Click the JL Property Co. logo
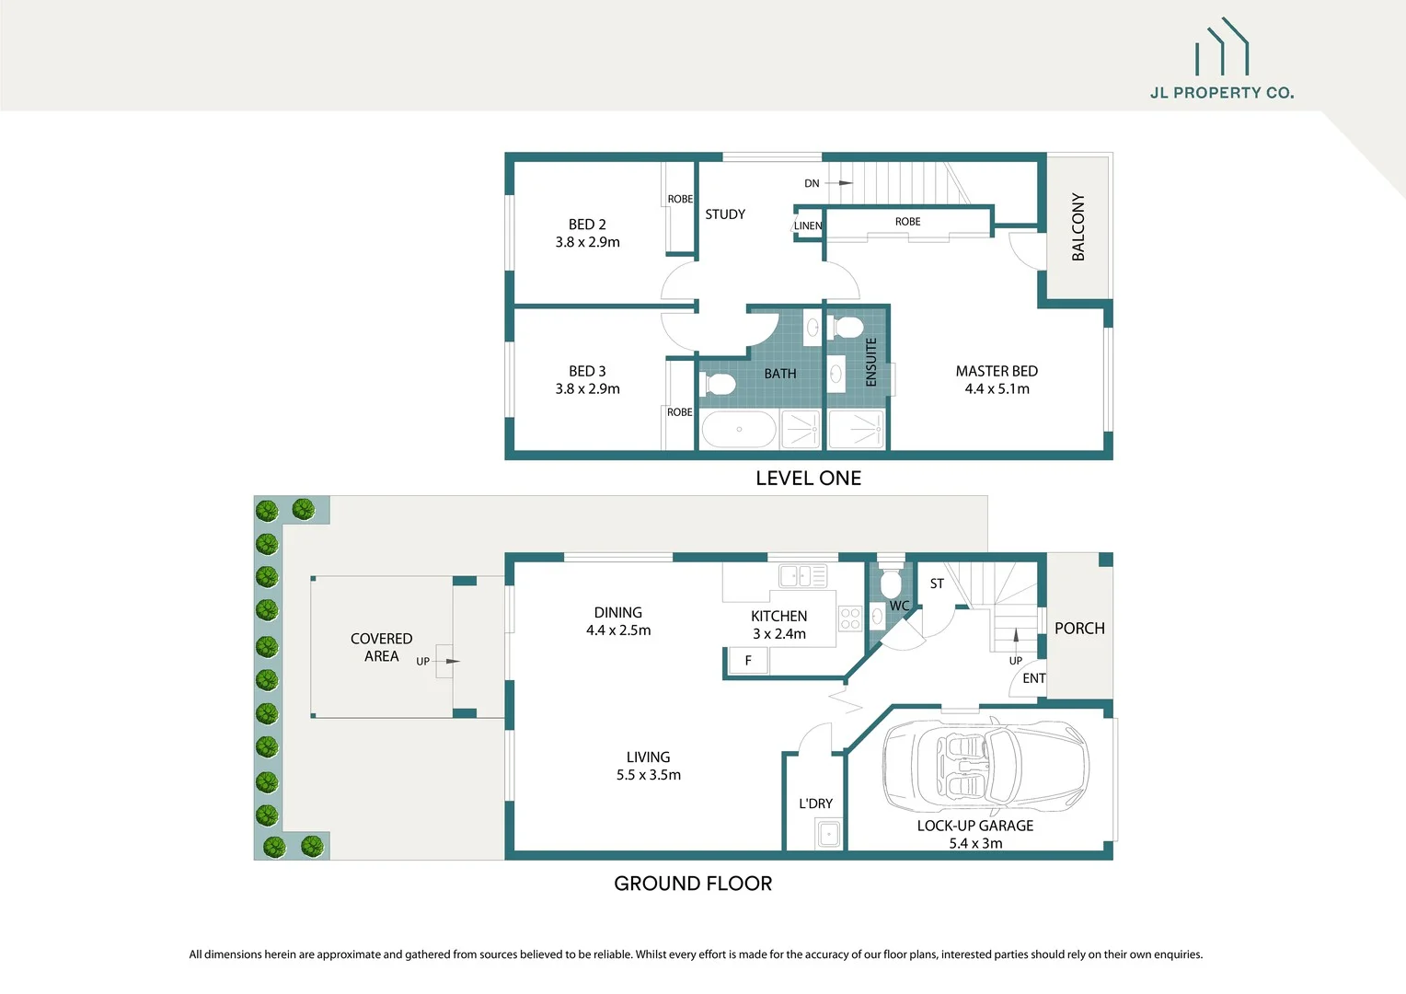pyautogui.click(x=1222, y=60)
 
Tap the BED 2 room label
pyautogui.click(x=587, y=225)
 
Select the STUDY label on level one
pyautogui.click(x=725, y=214)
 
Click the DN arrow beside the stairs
pyautogui.click(x=839, y=183)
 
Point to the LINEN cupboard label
pyautogui.click(x=808, y=225)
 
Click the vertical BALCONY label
pyautogui.click(x=1078, y=227)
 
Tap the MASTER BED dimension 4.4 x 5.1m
pyautogui.click(x=997, y=389)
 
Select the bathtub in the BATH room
pyautogui.click(x=739, y=429)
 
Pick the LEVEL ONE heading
pyautogui.click(x=808, y=479)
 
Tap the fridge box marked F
pyautogui.click(x=748, y=661)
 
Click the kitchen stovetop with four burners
pyautogui.click(x=850, y=618)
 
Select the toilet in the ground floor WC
pyautogui.click(x=890, y=584)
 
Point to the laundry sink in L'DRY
pyautogui.click(x=828, y=835)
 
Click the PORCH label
pyautogui.click(x=1079, y=629)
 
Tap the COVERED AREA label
pyautogui.click(x=381, y=647)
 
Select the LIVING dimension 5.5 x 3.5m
pyautogui.click(x=649, y=775)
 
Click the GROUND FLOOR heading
pyautogui.click(x=693, y=884)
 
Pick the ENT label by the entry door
pyautogui.click(x=1033, y=678)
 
